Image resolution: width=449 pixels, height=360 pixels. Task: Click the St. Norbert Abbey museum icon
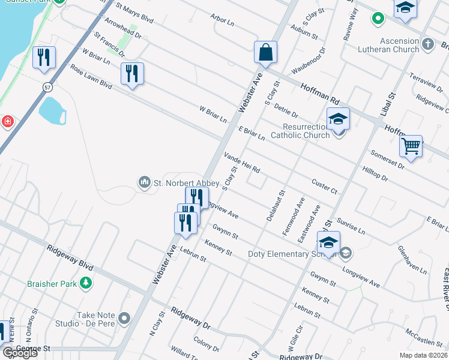coord(144,182)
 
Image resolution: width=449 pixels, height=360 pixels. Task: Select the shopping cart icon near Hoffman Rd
coord(411,146)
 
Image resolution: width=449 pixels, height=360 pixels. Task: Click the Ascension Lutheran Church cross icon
coord(428,44)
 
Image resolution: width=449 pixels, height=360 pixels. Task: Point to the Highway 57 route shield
coord(47,88)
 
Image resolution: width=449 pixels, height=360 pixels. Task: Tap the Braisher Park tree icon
coord(86,283)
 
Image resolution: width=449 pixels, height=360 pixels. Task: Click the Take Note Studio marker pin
coord(125,317)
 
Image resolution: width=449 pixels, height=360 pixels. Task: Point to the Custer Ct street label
coord(325,186)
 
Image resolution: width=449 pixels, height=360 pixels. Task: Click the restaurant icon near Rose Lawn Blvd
coord(131,74)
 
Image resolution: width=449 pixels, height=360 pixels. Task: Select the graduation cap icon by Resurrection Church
coord(338,119)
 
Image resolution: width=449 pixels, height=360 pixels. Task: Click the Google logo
coord(20,352)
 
